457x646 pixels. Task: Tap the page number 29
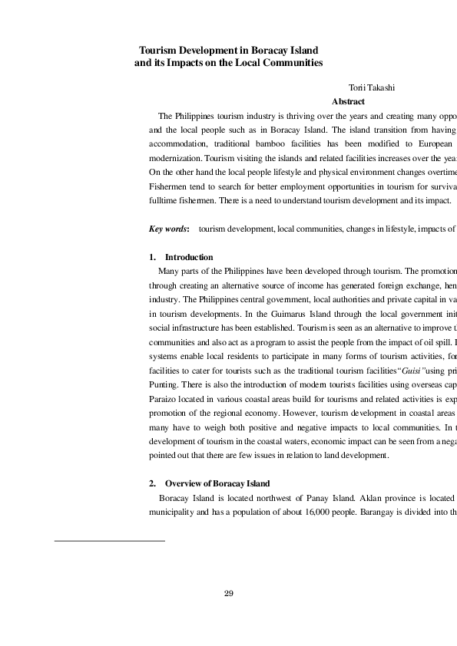[x=228, y=593]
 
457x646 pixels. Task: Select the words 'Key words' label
[x=168, y=229]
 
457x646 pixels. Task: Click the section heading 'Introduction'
[x=189, y=257]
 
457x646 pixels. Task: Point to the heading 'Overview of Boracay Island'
[x=217, y=484]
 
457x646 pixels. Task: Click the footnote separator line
[x=110, y=541]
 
